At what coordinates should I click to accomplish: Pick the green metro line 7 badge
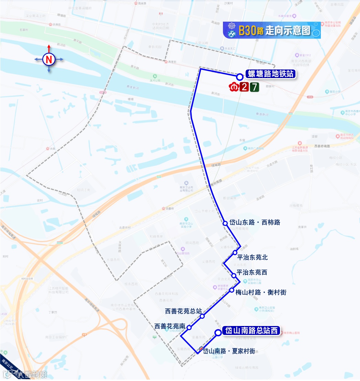pos(255,87)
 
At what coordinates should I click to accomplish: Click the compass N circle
pos(49,59)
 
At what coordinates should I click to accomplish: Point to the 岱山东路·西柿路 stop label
pos(255,222)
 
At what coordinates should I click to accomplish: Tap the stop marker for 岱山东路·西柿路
pos(225,223)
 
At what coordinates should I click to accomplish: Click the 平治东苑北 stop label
pos(252,257)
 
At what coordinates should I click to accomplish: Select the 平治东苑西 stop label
pos(252,273)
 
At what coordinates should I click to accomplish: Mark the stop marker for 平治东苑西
pos(234,275)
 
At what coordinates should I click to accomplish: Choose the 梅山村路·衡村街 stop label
pos(261,292)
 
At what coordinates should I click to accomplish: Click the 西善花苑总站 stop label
pos(183,311)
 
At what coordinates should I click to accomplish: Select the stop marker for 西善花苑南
pos(189,328)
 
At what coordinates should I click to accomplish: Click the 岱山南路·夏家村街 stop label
pos(229,351)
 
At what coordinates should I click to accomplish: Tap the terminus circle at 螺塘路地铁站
pos(239,77)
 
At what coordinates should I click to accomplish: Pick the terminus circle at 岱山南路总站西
pos(218,332)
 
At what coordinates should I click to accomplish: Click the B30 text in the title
pos(247,31)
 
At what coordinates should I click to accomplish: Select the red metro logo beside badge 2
pos(234,87)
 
